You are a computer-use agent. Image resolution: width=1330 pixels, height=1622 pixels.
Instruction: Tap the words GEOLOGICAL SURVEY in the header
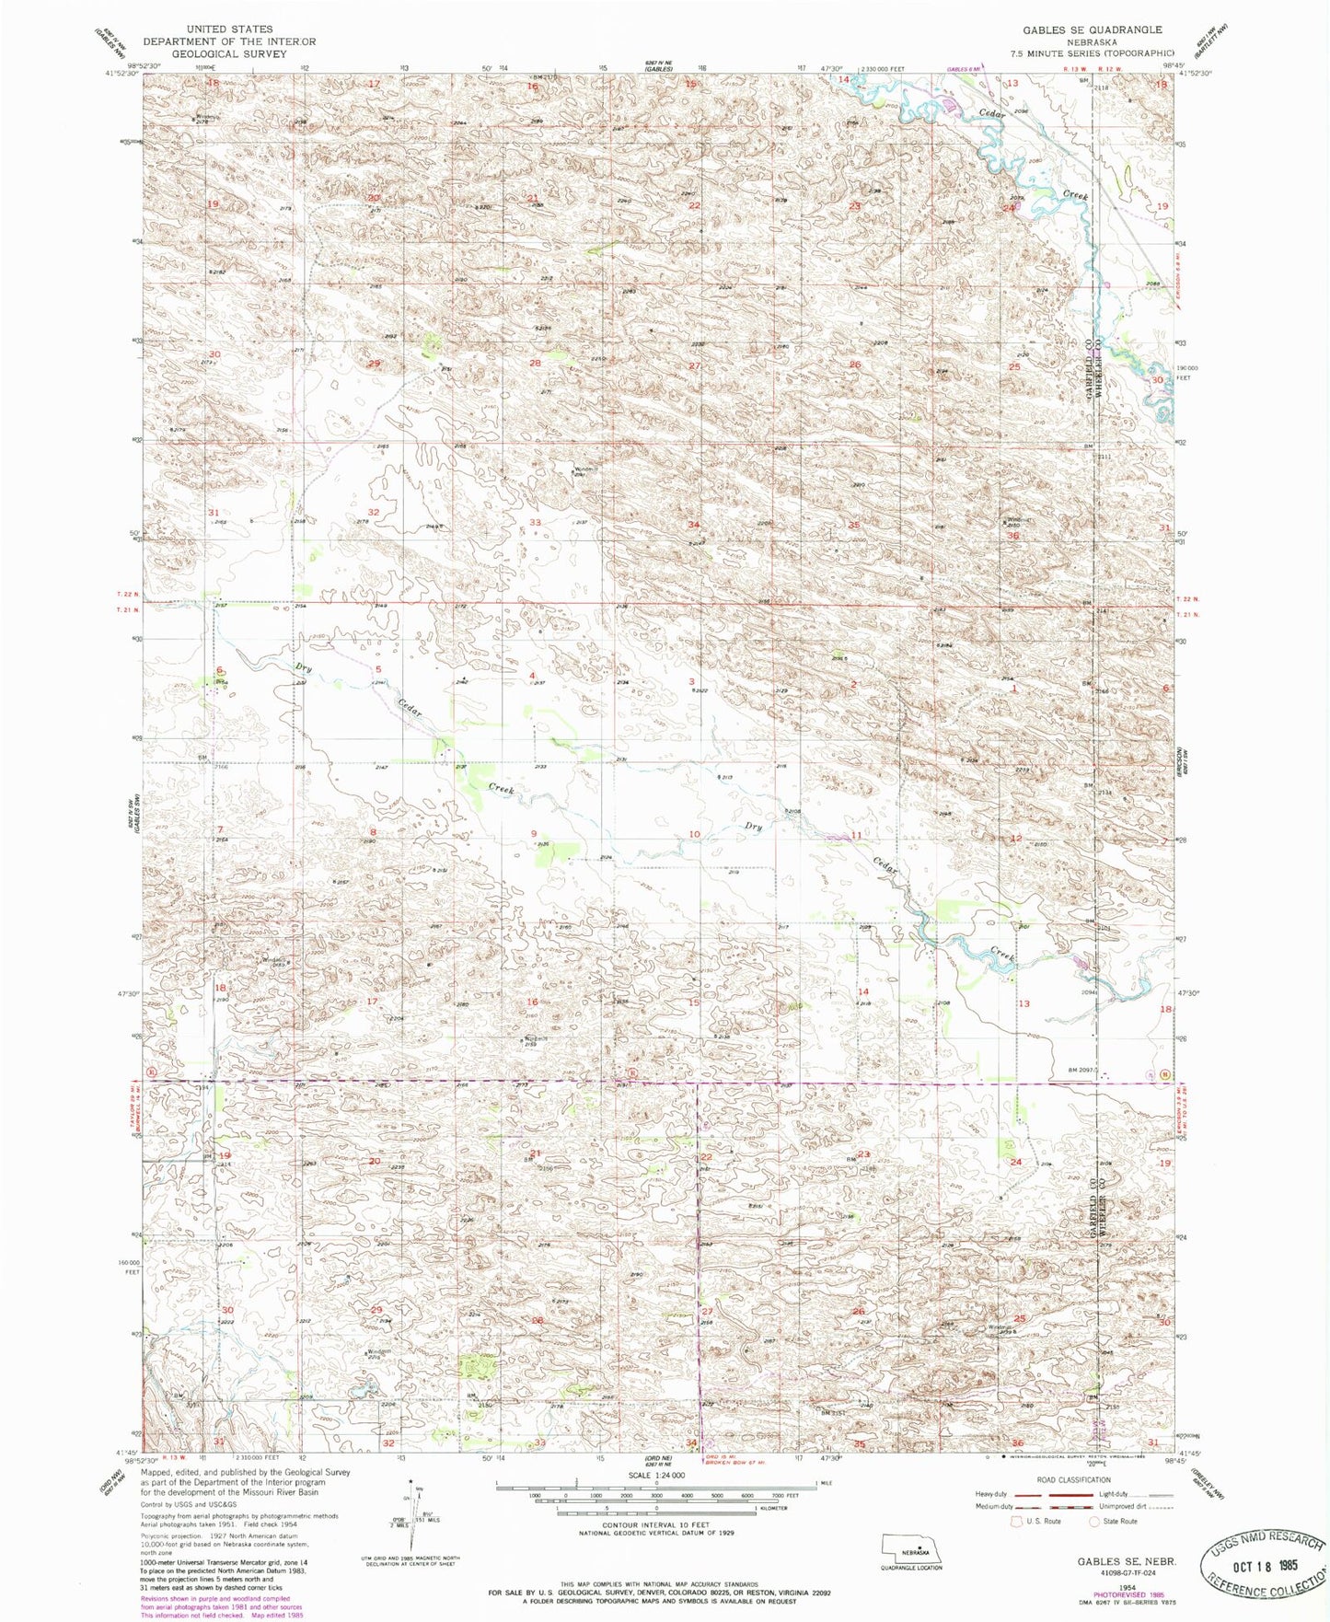tap(228, 53)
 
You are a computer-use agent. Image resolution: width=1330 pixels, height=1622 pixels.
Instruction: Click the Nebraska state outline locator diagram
tap(911, 1548)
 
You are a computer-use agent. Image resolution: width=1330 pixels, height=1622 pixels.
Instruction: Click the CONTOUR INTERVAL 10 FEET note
tap(656, 1525)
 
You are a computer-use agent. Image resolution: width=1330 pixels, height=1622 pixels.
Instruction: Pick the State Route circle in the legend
tap(1094, 1521)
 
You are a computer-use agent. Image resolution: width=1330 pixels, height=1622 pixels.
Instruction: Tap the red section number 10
tap(694, 834)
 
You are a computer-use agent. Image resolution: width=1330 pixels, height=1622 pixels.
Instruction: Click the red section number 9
tap(534, 834)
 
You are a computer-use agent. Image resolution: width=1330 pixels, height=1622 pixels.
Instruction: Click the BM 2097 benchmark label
tap(1084, 1070)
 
